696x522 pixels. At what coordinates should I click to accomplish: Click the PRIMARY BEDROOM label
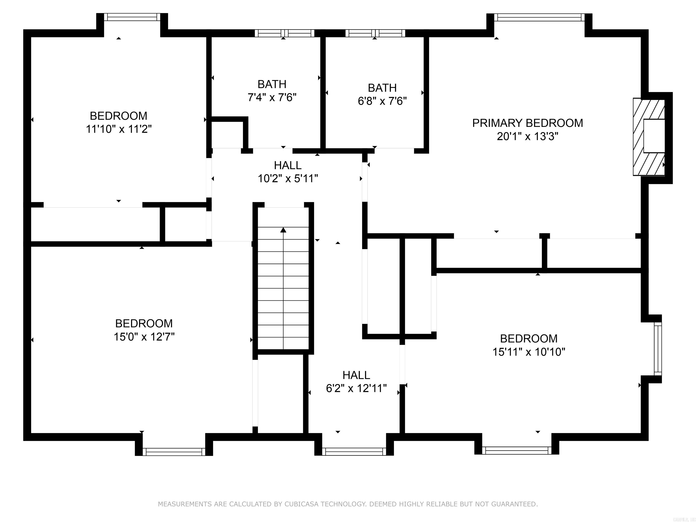pos(527,123)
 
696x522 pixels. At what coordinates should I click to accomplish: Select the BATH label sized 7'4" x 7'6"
pos(272,84)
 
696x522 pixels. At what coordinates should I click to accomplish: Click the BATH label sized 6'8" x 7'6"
pos(382,88)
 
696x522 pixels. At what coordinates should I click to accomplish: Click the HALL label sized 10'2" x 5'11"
pos(288,165)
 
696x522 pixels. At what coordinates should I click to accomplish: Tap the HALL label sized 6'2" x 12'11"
pos(356,375)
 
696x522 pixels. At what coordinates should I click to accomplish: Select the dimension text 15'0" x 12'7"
pos(144,337)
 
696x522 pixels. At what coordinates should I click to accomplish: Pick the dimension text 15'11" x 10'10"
pos(529,352)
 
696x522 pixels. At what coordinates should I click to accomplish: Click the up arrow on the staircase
pos(283,230)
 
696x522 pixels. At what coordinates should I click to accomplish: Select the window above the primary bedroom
pos(539,17)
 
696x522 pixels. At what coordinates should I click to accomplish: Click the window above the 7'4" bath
pos(284,33)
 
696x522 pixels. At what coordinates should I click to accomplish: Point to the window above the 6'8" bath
pos(375,33)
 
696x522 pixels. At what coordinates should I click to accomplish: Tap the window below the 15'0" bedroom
pos(174,452)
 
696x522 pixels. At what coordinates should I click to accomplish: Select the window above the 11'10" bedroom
pos(132,17)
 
